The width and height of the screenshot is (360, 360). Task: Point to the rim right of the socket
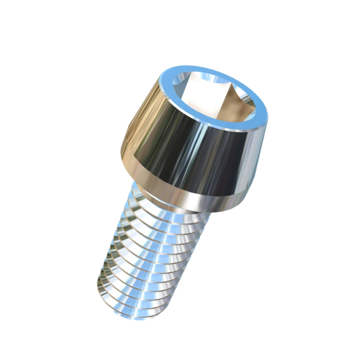[x=261, y=113]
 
